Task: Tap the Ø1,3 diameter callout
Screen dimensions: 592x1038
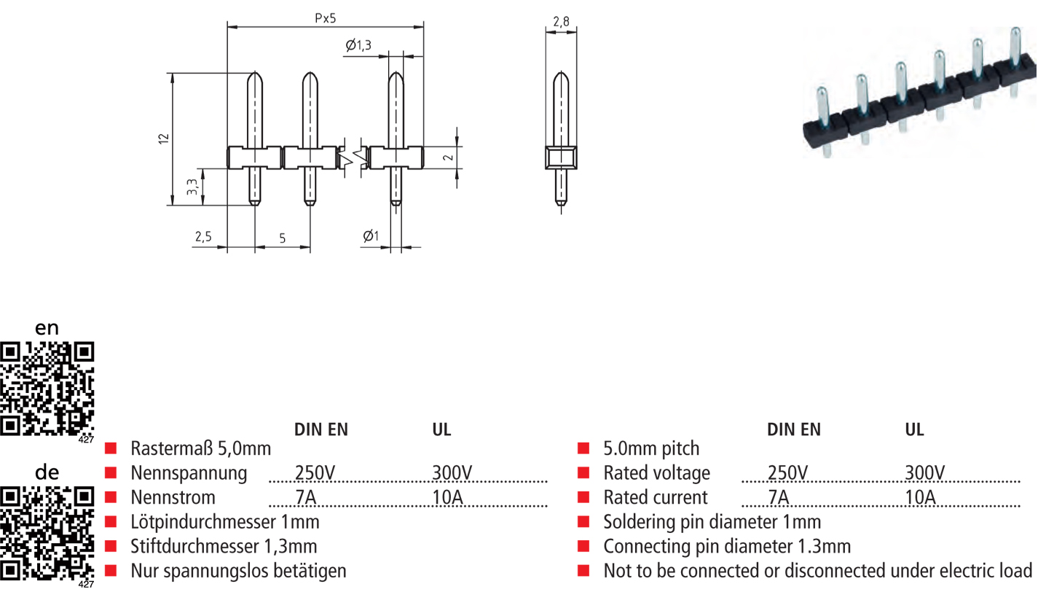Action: click(x=359, y=46)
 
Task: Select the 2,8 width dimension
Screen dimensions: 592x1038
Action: click(x=561, y=22)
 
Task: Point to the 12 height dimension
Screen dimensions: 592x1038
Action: click(x=164, y=138)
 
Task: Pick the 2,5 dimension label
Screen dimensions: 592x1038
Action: click(x=203, y=237)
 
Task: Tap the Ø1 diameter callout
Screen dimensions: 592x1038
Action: click(x=370, y=236)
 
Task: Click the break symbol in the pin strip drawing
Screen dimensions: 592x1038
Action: click(x=353, y=157)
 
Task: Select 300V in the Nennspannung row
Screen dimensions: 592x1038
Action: click(x=452, y=473)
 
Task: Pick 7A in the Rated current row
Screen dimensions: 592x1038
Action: click(x=779, y=498)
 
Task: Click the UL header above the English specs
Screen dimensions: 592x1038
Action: click(x=914, y=430)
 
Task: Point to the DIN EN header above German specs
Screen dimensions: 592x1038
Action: click(x=321, y=430)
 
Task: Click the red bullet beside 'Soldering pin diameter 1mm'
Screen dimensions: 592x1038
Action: click(x=583, y=522)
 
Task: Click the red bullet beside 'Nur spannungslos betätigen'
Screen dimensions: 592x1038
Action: click(x=111, y=571)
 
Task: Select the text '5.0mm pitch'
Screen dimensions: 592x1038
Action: click(x=651, y=448)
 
